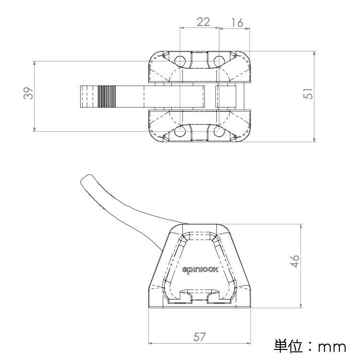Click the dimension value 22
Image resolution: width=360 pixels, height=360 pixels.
(203, 22)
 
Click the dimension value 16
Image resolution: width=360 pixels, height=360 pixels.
(237, 23)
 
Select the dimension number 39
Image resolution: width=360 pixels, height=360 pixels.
(28, 93)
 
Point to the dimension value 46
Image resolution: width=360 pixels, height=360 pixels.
(295, 261)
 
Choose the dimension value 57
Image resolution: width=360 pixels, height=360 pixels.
(199, 337)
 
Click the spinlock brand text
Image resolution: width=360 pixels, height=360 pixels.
(200, 270)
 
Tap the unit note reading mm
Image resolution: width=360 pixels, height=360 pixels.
(332, 347)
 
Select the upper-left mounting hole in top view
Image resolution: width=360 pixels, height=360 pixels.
(180, 61)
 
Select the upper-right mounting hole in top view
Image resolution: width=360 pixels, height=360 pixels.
(219, 61)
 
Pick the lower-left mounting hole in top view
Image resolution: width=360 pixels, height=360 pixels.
(180, 132)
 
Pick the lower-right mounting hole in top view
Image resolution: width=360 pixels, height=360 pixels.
(219, 132)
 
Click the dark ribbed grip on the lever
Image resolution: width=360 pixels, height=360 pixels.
(107, 96)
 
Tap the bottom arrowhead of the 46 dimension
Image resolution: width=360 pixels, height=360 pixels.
(301, 306)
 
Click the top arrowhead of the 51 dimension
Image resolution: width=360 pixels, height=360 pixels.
(314, 53)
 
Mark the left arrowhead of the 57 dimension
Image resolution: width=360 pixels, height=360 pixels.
(151, 343)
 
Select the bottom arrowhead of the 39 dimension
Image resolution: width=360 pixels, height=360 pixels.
(34, 129)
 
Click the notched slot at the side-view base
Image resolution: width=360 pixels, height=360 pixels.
(200, 296)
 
